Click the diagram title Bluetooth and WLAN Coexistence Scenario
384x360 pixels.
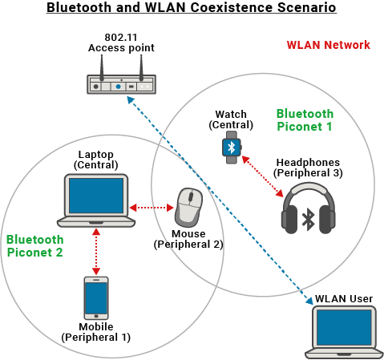coord(191,9)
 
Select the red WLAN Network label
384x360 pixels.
coord(329,45)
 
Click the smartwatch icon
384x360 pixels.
coord(232,148)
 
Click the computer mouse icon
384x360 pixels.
coord(189,208)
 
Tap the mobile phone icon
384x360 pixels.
coord(96,298)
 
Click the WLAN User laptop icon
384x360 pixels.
coord(344,331)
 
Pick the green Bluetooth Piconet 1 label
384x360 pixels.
coord(305,120)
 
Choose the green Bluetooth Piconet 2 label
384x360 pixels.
coord(34,245)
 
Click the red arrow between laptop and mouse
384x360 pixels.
coord(152,208)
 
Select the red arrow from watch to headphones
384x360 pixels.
coord(262,176)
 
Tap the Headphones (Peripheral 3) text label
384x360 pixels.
coord(308,168)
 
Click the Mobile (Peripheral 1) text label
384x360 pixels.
coord(95,332)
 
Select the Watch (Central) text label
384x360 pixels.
coord(231,119)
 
